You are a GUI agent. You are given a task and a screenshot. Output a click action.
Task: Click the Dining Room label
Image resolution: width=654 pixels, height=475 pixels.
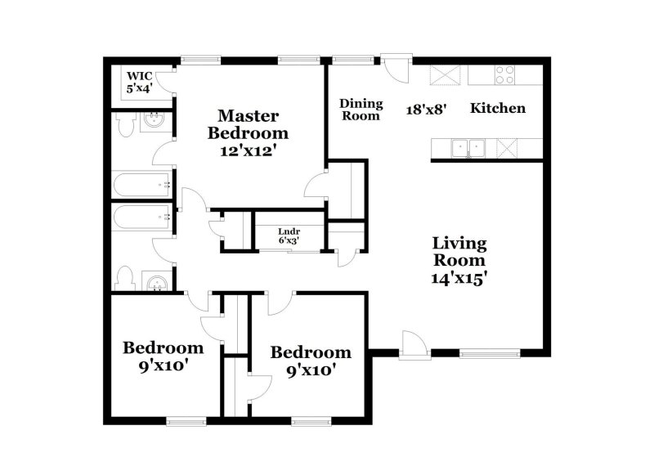(x=361, y=109)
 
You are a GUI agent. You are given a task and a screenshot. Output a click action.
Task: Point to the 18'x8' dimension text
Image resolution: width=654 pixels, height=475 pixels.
(x=426, y=109)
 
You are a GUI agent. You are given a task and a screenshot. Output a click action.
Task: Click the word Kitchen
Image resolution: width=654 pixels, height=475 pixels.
(x=497, y=108)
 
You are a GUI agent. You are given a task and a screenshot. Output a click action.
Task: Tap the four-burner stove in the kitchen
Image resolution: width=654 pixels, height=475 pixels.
(x=504, y=74)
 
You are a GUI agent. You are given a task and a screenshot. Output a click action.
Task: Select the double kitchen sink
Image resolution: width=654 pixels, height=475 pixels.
(x=468, y=148)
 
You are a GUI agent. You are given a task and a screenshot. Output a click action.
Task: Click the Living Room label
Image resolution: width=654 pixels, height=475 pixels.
(x=459, y=252)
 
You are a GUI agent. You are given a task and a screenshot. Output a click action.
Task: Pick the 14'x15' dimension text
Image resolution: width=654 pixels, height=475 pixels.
(x=459, y=276)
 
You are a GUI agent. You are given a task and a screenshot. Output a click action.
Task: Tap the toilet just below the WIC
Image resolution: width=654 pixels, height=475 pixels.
(x=125, y=125)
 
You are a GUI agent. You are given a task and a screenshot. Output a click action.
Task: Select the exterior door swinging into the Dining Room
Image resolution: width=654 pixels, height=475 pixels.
(x=394, y=69)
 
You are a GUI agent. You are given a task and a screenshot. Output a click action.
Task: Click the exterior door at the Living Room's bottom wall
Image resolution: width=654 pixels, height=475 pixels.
(x=414, y=345)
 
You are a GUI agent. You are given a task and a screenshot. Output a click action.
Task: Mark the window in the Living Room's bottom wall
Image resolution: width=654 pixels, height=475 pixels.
(x=490, y=353)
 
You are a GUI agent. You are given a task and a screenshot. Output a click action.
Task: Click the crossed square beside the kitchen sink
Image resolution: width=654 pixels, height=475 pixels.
(x=507, y=148)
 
